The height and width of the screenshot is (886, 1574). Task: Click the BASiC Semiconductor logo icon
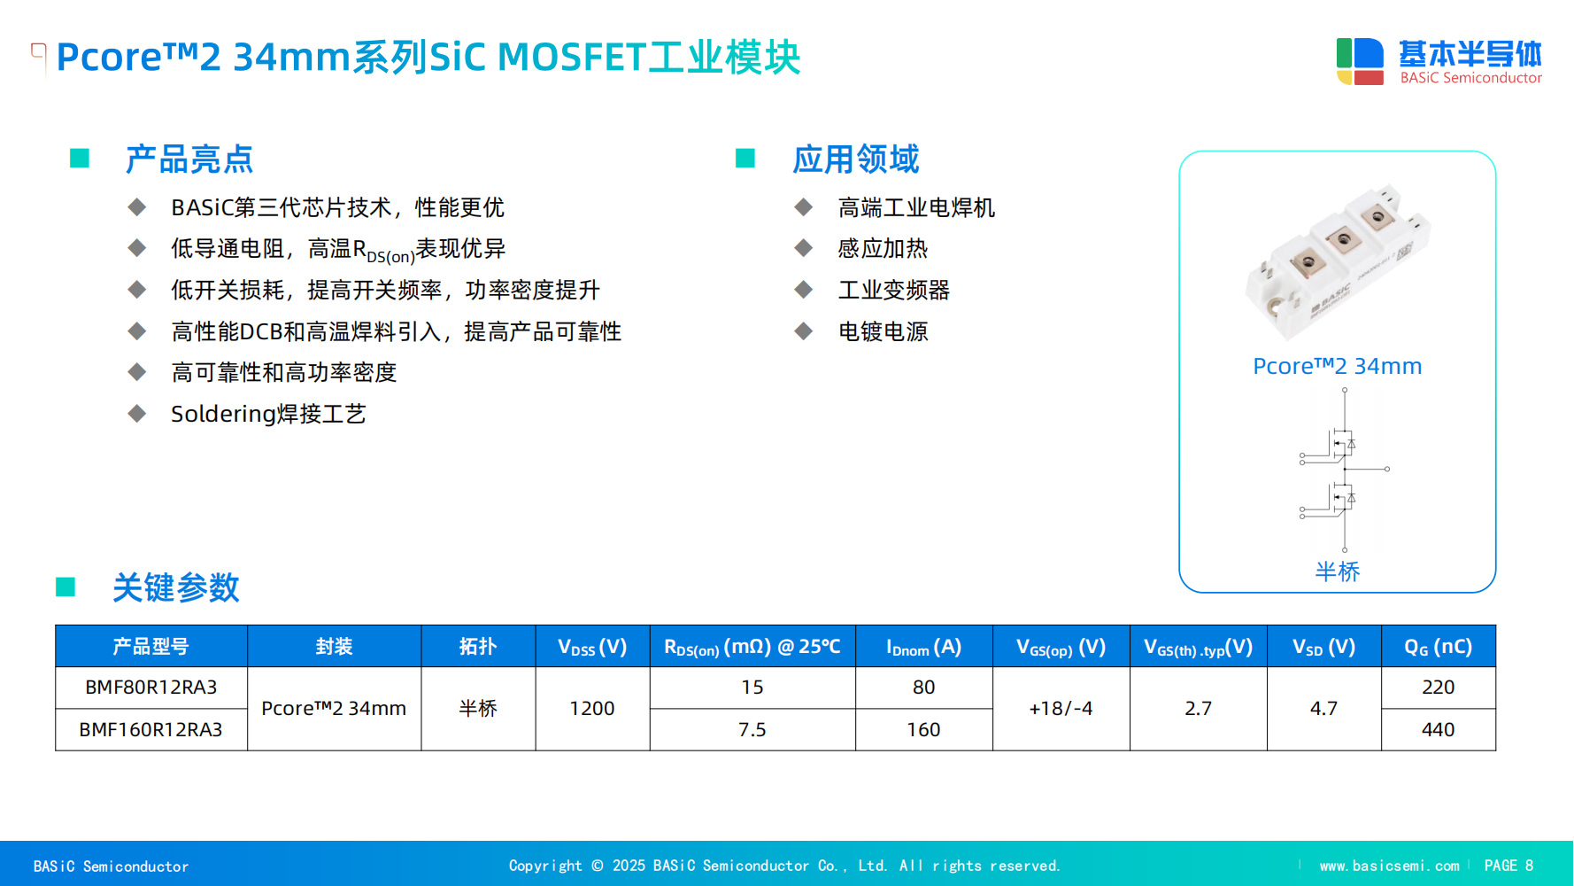1360,61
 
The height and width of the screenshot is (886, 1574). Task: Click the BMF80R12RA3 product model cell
151,688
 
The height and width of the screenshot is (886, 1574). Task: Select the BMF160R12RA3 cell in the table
151,730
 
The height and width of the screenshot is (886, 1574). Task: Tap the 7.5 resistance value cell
752,730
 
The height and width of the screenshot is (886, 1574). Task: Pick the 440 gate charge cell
1439,730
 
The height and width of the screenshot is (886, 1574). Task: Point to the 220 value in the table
1439,688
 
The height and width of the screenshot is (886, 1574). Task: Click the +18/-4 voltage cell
1061,709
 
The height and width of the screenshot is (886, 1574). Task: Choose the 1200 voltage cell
592,709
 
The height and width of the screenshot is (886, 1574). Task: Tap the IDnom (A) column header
923,647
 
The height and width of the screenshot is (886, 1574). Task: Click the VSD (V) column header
1324,647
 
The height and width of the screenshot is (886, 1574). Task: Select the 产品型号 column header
151,647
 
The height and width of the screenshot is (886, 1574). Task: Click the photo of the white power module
1337,261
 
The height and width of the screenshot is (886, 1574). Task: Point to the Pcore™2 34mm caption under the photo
1337,366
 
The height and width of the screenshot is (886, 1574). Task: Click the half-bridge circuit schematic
1344,470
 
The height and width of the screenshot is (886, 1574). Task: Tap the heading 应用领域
856,159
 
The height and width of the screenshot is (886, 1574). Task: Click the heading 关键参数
176,587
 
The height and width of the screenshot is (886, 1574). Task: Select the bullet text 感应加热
883,249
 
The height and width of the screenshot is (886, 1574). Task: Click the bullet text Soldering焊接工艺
268,414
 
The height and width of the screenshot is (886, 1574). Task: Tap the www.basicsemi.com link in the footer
1389,866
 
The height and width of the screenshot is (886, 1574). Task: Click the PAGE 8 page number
1508,866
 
